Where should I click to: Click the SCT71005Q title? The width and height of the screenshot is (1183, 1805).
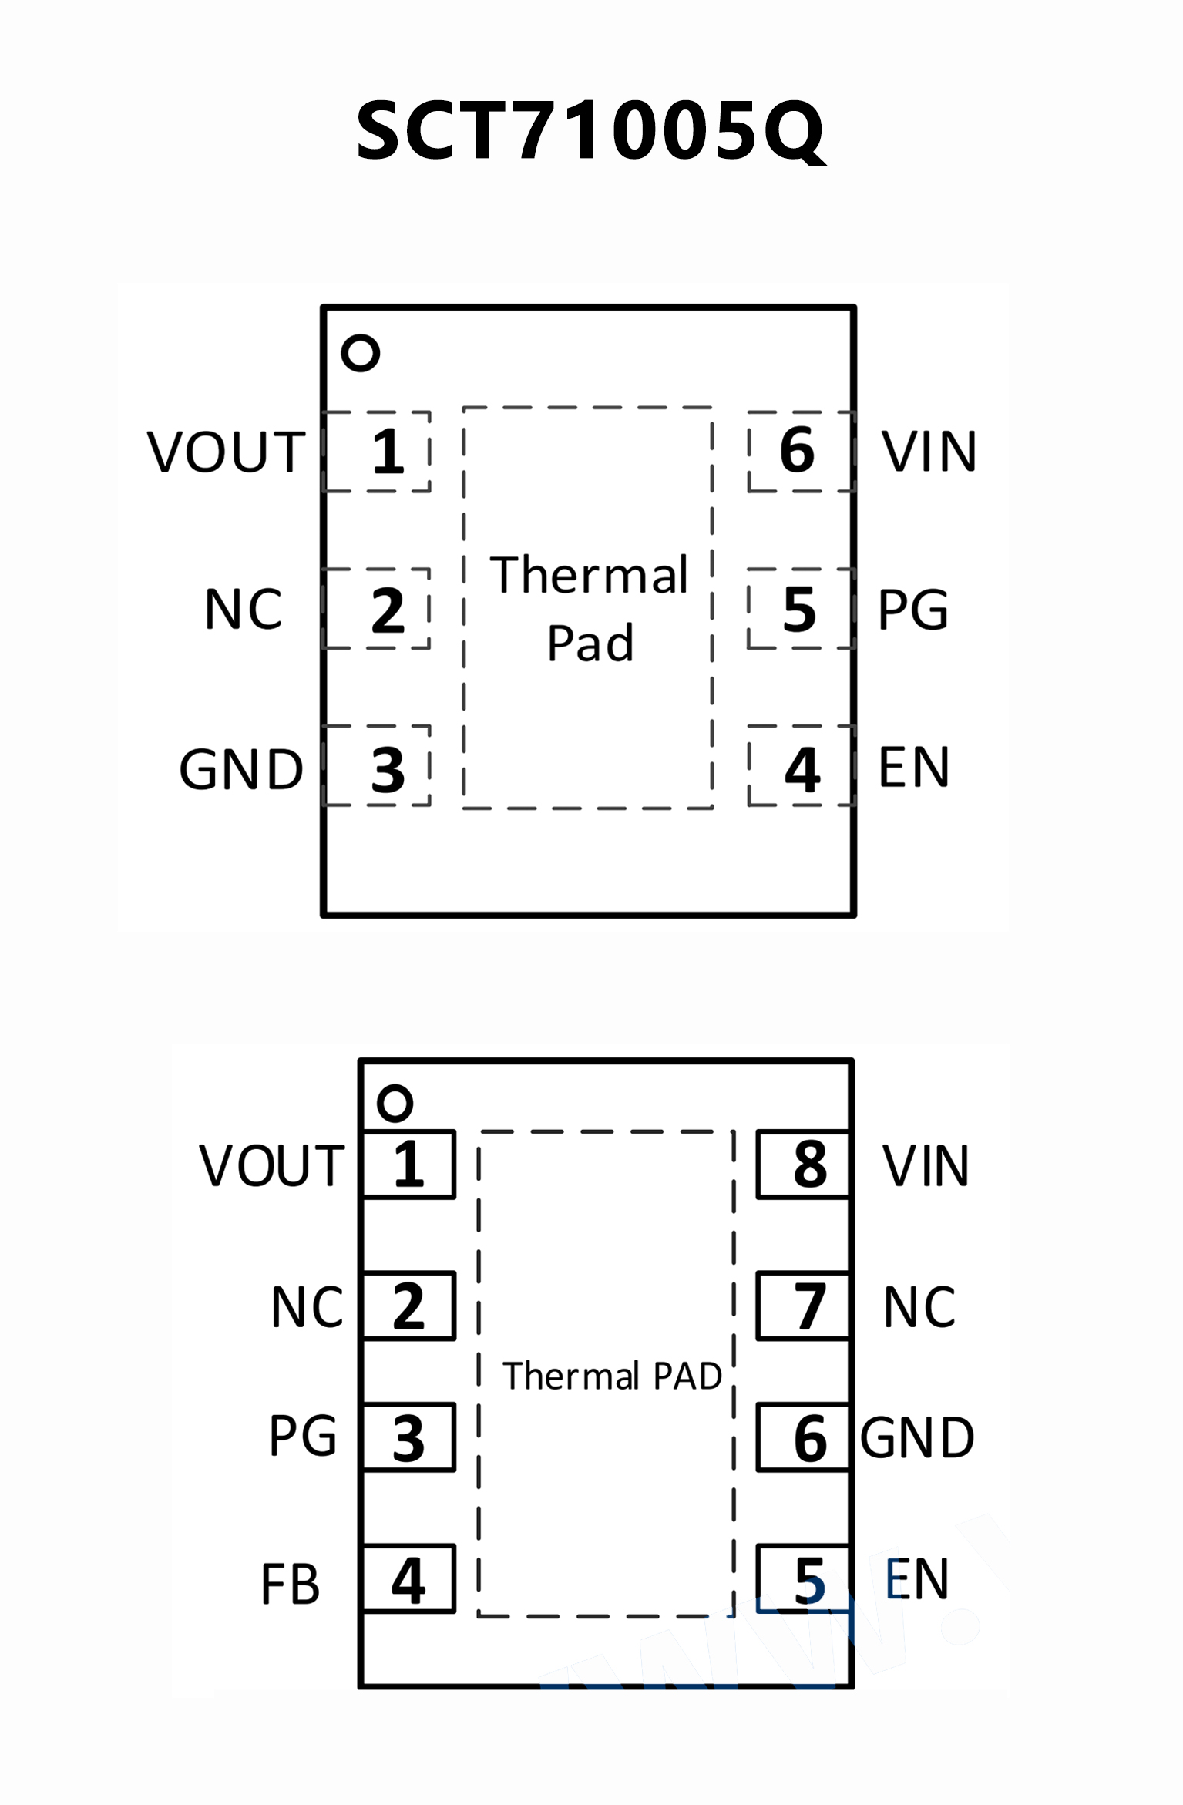pyautogui.click(x=590, y=131)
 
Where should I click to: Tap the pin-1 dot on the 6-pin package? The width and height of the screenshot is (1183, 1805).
pyautogui.click(x=360, y=353)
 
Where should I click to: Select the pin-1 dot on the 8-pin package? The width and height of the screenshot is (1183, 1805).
pyautogui.click(x=395, y=1103)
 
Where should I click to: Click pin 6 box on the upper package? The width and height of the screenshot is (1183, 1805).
pyautogui.click(x=800, y=451)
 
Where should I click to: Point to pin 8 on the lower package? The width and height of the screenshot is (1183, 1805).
pyautogui.click(x=803, y=1165)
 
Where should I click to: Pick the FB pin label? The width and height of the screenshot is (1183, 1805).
pyautogui.click(x=290, y=1585)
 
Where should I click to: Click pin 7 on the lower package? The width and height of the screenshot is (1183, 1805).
pyautogui.click(x=803, y=1306)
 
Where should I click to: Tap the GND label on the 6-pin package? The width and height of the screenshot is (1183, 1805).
pyautogui.click(x=241, y=769)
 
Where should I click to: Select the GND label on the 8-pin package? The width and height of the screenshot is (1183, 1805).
pyautogui.click(x=917, y=1438)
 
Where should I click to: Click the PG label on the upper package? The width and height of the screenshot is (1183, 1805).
pyautogui.click(x=912, y=610)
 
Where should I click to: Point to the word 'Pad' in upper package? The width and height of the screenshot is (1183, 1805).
pyautogui.click(x=590, y=643)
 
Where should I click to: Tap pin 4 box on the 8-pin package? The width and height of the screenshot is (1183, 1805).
pyautogui.click(x=409, y=1579)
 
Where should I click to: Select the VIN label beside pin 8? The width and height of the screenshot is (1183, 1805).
pyautogui.click(x=926, y=1165)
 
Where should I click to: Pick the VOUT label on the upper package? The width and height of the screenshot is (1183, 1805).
pyautogui.click(x=227, y=452)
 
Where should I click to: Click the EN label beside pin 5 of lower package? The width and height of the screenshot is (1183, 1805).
pyautogui.click(x=916, y=1579)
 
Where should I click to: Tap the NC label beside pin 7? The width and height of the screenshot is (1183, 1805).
pyautogui.click(x=919, y=1307)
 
